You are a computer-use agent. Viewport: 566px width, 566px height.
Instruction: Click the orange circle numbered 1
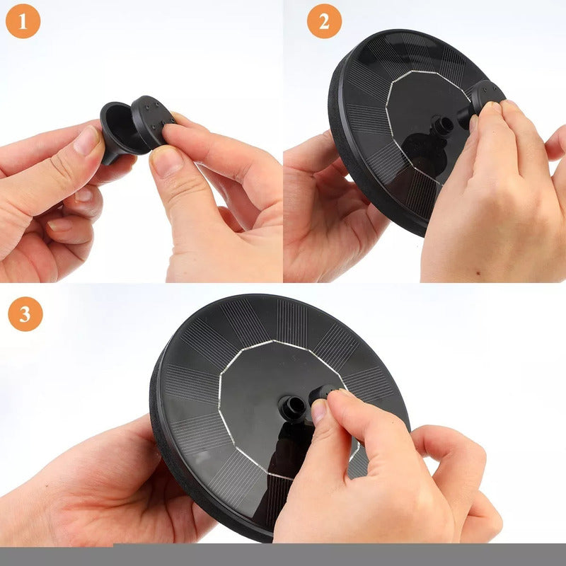(23, 21)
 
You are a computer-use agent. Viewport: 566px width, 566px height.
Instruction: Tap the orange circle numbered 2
(324, 21)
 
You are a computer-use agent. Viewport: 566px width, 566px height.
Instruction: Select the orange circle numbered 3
(25, 313)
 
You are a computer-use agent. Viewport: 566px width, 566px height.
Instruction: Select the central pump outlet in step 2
(441, 126)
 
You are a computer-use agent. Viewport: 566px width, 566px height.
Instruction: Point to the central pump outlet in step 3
(292, 408)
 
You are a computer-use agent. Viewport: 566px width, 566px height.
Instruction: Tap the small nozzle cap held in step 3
(324, 395)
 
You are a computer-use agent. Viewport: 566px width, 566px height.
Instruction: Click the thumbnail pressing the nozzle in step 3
(318, 411)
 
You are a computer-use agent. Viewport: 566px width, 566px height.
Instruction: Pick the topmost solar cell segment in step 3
(291, 318)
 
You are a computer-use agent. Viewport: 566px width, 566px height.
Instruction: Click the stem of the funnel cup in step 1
(108, 156)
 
